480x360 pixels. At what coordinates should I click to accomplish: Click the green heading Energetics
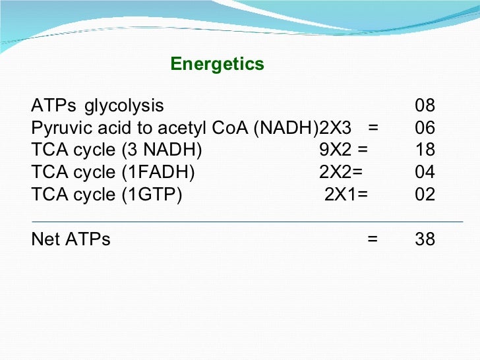pyautogui.click(x=217, y=64)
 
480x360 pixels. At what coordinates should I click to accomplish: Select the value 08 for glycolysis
pyautogui.click(x=425, y=105)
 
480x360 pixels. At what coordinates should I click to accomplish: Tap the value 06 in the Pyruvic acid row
pyautogui.click(x=425, y=128)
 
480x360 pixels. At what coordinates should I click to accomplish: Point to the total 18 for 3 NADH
pyautogui.click(x=425, y=150)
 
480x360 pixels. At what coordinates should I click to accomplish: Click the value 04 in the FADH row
pyautogui.click(x=425, y=173)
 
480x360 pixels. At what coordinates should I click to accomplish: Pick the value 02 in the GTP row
pyautogui.click(x=425, y=195)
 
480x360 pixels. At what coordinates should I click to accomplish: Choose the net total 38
pyautogui.click(x=425, y=239)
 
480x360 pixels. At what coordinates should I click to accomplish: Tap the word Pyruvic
pyautogui.click(x=58, y=128)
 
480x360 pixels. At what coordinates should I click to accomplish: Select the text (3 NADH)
pyautogui.click(x=160, y=150)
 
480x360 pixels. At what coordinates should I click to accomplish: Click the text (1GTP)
pyautogui.click(x=150, y=195)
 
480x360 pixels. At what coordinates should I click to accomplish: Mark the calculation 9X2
pyautogui.click(x=334, y=150)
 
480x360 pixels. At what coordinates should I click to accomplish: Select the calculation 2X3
pyautogui.click(x=335, y=128)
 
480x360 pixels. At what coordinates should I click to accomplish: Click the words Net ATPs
pyautogui.click(x=71, y=239)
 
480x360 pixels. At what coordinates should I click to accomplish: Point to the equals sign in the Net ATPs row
pyautogui.click(x=373, y=239)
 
